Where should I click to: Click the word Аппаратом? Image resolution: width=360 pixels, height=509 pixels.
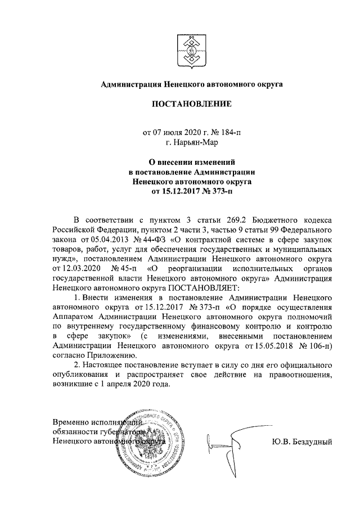click(x=73, y=318)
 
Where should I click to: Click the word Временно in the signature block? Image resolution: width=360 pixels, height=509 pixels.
click(x=72, y=422)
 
